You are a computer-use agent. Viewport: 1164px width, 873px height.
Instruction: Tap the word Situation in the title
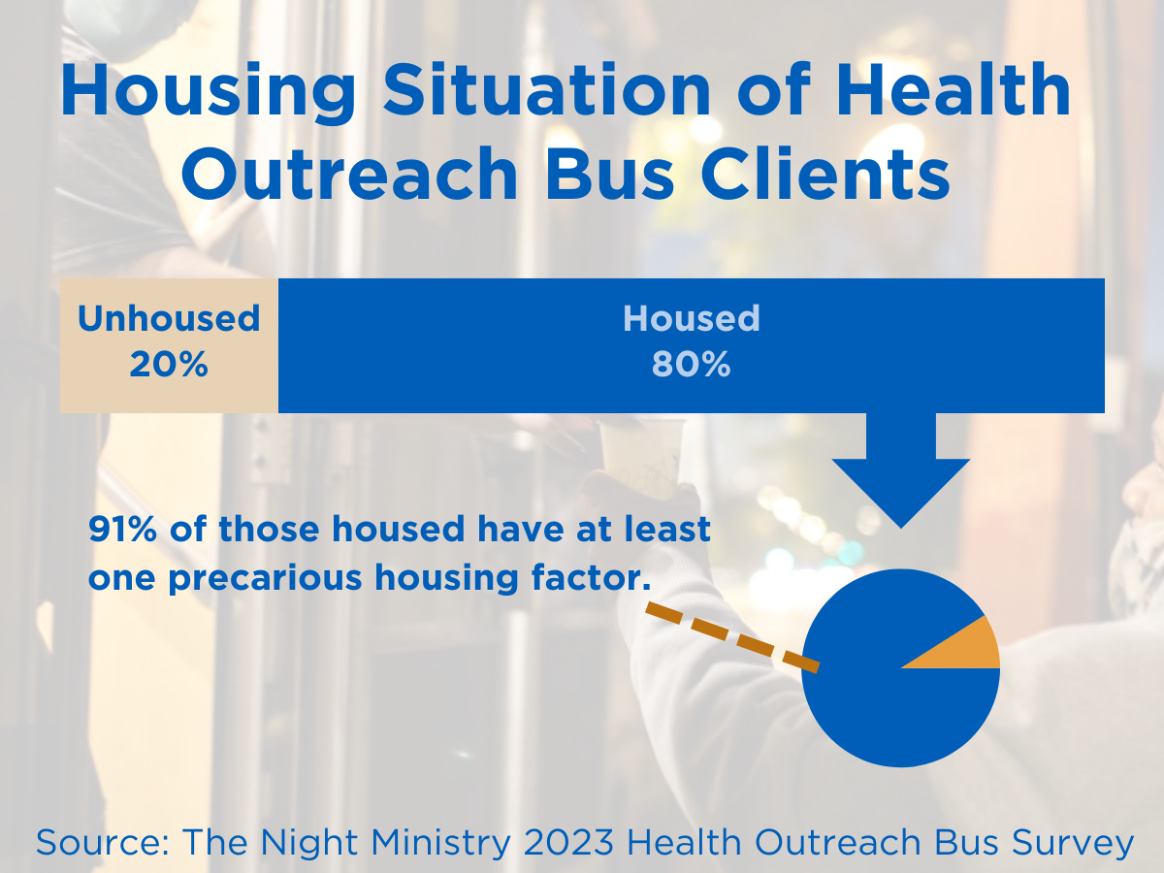pyautogui.click(x=546, y=88)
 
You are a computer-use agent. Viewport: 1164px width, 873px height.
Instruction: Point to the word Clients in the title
pyautogui.click(x=825, y=173)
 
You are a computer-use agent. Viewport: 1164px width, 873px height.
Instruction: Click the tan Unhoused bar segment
pyautogui.click(x=169, y=345)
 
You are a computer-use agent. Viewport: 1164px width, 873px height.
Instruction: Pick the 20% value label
pyautogui.click(x=169, y=365)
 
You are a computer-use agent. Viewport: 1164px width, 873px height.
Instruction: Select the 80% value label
pyautogui.click(x=691, y=365)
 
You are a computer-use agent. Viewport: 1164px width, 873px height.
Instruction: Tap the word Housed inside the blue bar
pyautogui.click(x=691, y=318)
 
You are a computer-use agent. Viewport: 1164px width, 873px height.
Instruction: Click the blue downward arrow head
pyautogui.click(x=900, y=493)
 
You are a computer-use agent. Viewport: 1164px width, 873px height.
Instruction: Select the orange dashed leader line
pyautogui.click(x=732, y=637)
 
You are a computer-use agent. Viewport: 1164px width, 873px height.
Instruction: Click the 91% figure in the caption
pyautogui.click(x=122, y=529)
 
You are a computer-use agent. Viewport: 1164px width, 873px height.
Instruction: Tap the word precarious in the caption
pyautogui.click(x=265, y=578)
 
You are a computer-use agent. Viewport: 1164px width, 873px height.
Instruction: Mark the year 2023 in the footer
pyautogui.click(x=568, y=842)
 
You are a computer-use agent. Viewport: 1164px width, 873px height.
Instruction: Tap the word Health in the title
pyautogui.click(x=954, y=88)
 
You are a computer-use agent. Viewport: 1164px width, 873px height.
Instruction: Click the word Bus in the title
pyautogui.click(x=609, y=173)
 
